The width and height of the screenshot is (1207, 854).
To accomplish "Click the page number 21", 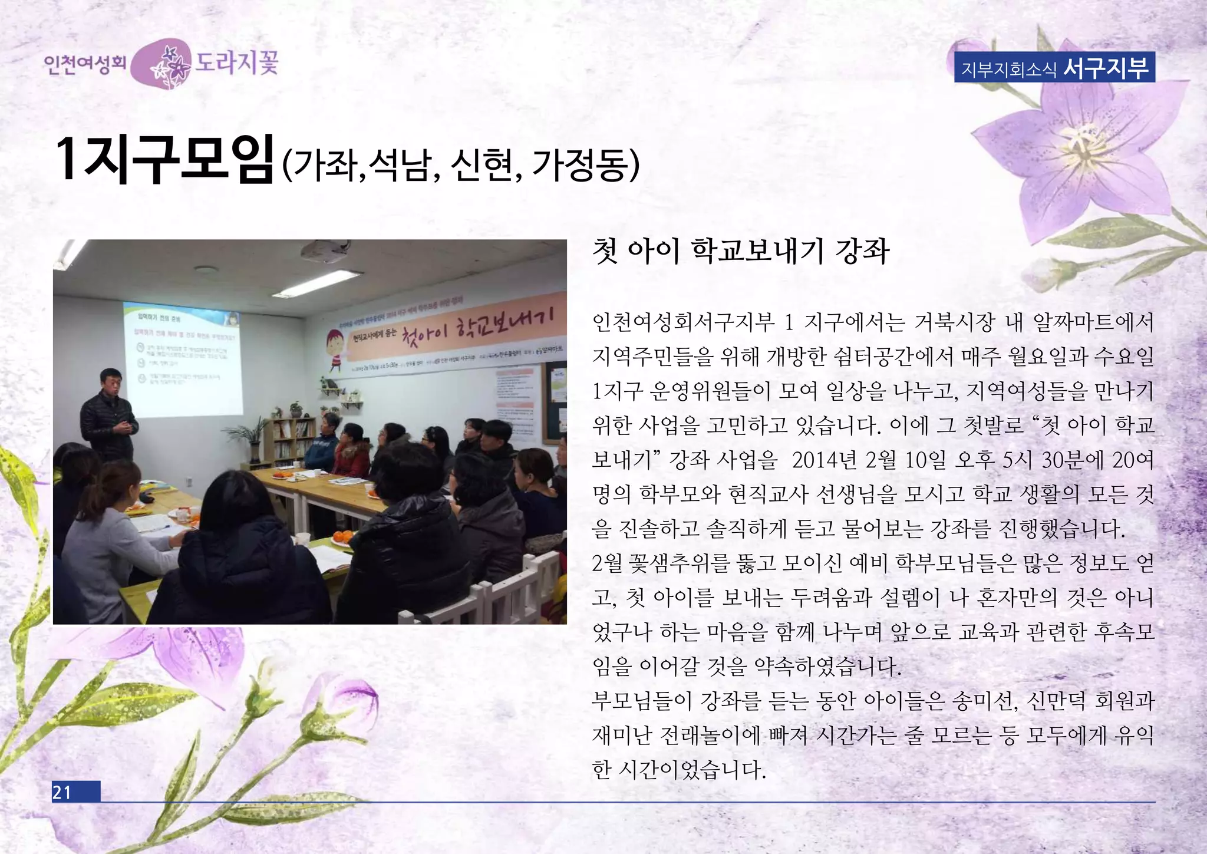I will point(62,792).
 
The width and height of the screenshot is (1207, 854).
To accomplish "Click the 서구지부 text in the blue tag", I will point(1106,68).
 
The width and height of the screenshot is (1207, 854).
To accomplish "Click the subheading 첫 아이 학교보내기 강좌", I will point(740,251).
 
